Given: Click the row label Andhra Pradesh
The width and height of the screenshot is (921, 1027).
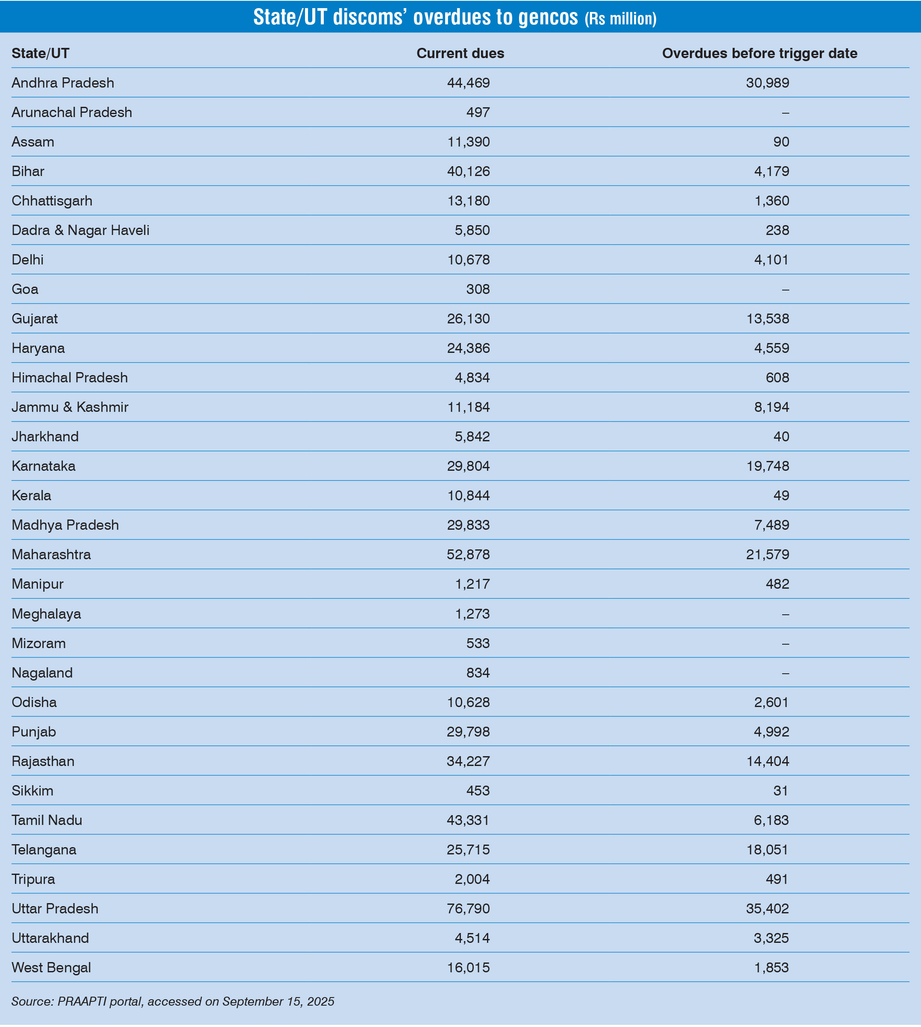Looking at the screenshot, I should point(63,82).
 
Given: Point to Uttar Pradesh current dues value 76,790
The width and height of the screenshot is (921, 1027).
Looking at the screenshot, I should point(468,908).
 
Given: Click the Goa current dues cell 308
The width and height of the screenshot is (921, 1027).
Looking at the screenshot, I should point(478,289).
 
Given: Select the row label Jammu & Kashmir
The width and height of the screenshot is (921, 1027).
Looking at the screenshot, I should point(70,407).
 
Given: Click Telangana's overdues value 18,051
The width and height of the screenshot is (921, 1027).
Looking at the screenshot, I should point(767,849).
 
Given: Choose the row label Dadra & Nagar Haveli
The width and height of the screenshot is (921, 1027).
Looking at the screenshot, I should point(80,230).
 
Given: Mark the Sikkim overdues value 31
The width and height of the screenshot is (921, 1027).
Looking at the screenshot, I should point(780,791).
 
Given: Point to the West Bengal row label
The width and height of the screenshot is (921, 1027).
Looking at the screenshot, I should point(51,967).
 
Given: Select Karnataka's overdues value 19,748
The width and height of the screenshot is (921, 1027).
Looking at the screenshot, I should point(767,466).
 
